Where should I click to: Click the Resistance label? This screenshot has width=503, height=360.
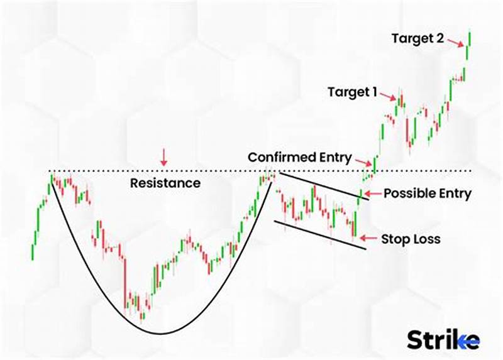point(165,183)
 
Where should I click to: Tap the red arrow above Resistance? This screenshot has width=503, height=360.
point(164,158)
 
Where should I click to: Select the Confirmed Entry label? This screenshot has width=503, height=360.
point(299,157)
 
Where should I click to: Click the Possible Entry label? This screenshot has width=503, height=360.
point(427,194)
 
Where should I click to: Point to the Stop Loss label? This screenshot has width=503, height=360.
point(411,239)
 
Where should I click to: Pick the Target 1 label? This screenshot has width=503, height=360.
point(352,92)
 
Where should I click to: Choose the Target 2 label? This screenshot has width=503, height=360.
point(418,38)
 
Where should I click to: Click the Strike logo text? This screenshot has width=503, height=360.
point(443,340)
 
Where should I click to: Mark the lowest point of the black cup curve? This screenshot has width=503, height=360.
point(160,332)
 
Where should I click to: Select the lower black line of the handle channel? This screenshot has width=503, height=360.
point(319,234)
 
